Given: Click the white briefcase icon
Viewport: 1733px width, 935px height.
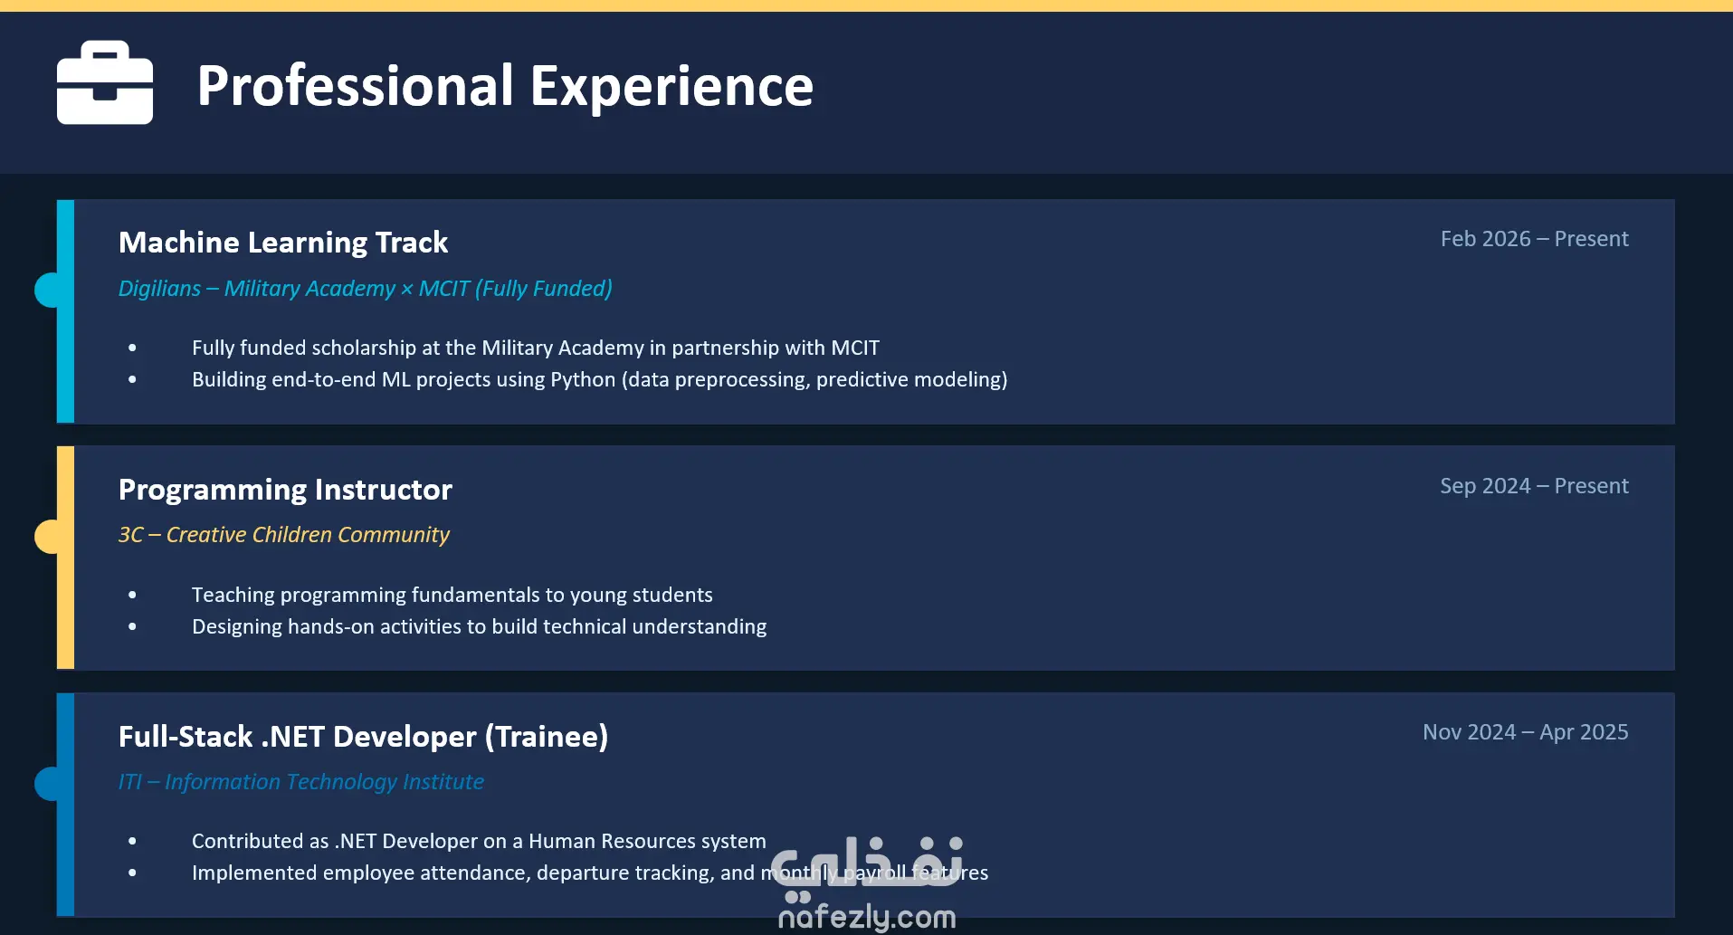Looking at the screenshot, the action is click(105, 82).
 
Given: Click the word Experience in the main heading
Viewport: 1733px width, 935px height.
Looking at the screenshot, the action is click(671, 86).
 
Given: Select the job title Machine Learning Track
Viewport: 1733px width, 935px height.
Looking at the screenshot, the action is click(283, 243).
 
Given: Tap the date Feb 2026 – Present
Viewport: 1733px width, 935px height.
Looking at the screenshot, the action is click(1534, 239).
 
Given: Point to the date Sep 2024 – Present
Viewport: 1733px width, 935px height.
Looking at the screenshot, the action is click(1534, 486).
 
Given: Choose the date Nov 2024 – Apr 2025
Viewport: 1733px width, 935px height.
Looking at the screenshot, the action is click(1525, 732).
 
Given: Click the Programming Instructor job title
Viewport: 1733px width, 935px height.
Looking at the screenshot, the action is click(285, 490).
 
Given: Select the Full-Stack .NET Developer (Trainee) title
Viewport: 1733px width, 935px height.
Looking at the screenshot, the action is click(363, 737).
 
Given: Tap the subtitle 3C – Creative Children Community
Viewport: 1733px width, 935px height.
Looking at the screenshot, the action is click(284, 535).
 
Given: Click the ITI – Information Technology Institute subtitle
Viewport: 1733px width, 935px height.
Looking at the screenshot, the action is click(301, 782).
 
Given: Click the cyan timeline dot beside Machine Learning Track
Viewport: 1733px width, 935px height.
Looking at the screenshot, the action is click(47, 290).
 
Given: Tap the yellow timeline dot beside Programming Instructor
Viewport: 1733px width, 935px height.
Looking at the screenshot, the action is click(47, 537).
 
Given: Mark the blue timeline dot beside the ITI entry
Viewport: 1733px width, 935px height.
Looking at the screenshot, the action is click(47, 784).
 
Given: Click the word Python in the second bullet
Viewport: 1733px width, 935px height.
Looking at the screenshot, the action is click(583, 380).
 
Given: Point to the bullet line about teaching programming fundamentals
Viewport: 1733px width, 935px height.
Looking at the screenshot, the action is click(452, 595).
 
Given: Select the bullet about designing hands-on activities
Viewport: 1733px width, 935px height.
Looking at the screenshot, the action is click(479, 626).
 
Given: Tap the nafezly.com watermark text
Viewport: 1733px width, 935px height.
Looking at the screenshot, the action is click(867, 917).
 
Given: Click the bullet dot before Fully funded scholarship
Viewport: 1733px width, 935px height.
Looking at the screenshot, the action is click(133, 348).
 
